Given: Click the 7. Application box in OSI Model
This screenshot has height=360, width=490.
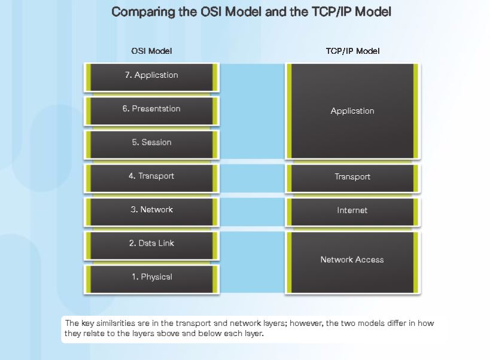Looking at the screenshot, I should pos(151,75).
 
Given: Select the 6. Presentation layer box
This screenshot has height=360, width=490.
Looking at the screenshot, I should pos(151,109).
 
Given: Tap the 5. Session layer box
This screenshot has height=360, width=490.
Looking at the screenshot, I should pos(151,142).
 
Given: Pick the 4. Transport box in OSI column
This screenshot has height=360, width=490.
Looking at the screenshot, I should pos(151,176).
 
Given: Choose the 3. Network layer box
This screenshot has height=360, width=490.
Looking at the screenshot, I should pos(151,210).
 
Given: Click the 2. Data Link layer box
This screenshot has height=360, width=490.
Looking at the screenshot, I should pos(151,243).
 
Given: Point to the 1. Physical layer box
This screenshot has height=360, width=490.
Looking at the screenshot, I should pos(151,277).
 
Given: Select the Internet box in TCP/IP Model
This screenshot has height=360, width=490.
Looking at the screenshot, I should pos(352,210).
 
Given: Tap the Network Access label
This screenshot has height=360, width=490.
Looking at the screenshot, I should pos(352,260).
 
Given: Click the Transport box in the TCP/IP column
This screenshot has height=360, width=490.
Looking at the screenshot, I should pos(352,177).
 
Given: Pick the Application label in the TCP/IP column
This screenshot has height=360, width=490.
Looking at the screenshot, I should pos(352,111).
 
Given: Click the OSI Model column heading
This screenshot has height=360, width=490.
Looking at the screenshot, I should pos(151,51).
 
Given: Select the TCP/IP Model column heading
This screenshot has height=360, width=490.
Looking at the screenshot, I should pos(352,51).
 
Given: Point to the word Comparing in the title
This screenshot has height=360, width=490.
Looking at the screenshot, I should pos(141,12).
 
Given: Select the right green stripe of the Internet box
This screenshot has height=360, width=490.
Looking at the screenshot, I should pos(416,212).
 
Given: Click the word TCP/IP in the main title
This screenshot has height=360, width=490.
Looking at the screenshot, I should pos(327,12).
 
